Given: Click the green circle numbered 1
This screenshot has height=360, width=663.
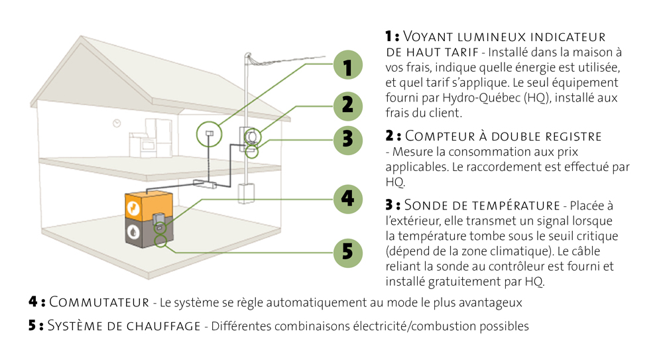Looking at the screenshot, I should pyautogui.click(x=348, y=66).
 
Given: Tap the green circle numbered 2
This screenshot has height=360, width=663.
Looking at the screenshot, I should pyautogui.click(x=348, y=104).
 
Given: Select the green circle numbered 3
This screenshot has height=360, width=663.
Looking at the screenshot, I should pyautogui.click(x=348, y=139).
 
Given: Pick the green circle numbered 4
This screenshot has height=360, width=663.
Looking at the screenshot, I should pyautogui.click(x=348, y=198).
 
